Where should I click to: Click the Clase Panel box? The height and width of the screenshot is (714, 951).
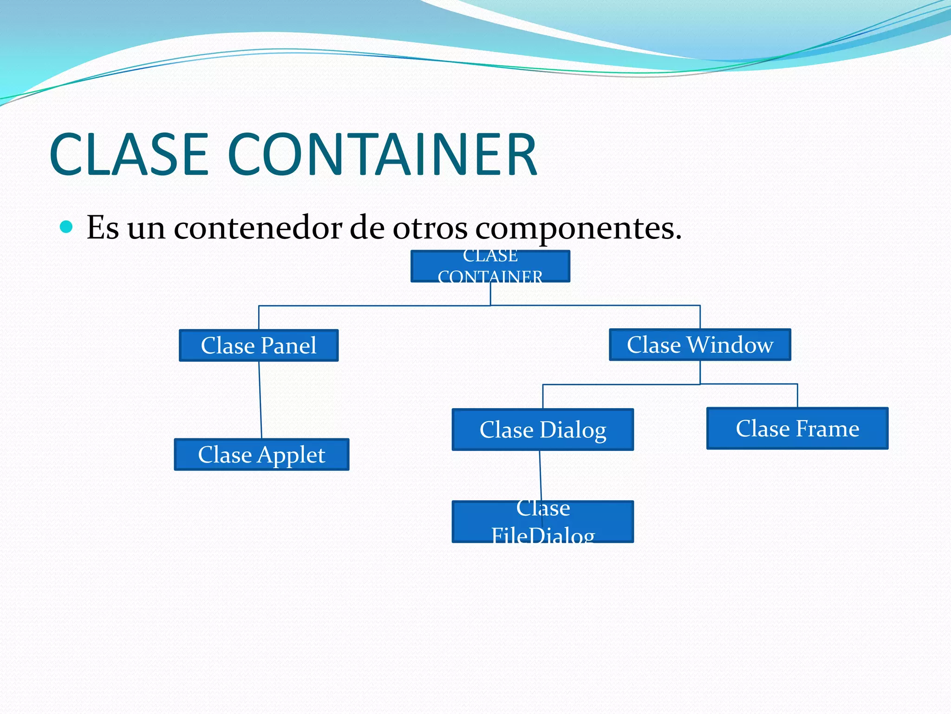(259, 345)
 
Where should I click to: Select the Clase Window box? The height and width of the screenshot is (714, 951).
(700, 344)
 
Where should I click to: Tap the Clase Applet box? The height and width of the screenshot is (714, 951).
(261, 455)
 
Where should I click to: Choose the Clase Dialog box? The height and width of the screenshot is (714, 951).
(542, 430)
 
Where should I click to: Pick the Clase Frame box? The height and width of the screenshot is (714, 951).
(797, 428)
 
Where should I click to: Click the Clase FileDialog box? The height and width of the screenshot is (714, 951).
(542, 522)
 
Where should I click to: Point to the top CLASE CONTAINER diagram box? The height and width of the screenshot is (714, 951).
(490, 266)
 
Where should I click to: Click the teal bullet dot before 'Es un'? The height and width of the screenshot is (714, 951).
(67, 227)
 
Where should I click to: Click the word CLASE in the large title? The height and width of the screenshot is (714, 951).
(129, 154)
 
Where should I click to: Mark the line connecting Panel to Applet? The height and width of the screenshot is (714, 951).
(260, 400)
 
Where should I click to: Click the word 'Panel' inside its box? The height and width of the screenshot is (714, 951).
(288, 345)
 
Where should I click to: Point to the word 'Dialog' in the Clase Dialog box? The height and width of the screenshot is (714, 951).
(573, 430)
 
